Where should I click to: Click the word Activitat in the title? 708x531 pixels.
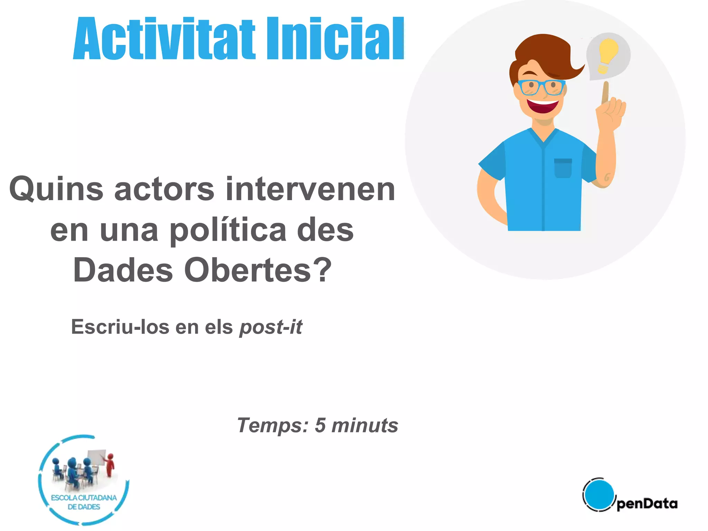point(164,39)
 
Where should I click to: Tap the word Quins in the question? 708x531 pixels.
point(56,189)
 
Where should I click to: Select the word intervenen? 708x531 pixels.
point(310,189)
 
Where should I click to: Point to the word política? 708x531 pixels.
point(228,231)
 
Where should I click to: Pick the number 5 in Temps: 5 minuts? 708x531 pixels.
point(320,425)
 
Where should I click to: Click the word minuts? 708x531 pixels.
point(365,425)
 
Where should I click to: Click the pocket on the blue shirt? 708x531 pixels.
point(563,168)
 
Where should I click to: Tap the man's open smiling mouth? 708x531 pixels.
point(543,105)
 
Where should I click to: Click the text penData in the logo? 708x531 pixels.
point(647,504)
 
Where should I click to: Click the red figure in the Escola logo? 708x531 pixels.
point(110,465)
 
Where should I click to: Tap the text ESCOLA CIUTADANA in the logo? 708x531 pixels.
point(84,498)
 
